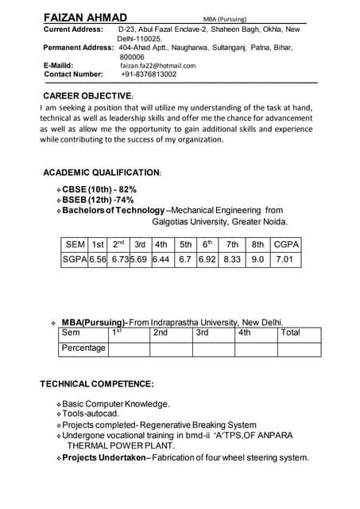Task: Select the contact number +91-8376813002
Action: point(149,74)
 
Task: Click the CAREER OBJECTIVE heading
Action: point(88,95)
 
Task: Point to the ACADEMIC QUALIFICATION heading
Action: point(102,172)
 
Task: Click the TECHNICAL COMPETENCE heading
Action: point(97,384)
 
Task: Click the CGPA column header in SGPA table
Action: point(286,244)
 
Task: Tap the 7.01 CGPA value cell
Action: point(285,259)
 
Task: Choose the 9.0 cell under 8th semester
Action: point(258,259)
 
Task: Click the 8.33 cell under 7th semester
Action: point(232,259)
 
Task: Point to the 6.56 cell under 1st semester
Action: point(98,259)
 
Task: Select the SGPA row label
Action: point(74,259)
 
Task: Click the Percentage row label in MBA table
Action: point(83,348)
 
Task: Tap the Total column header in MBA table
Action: point(291,332)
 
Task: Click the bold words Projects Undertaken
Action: point(104,457)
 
